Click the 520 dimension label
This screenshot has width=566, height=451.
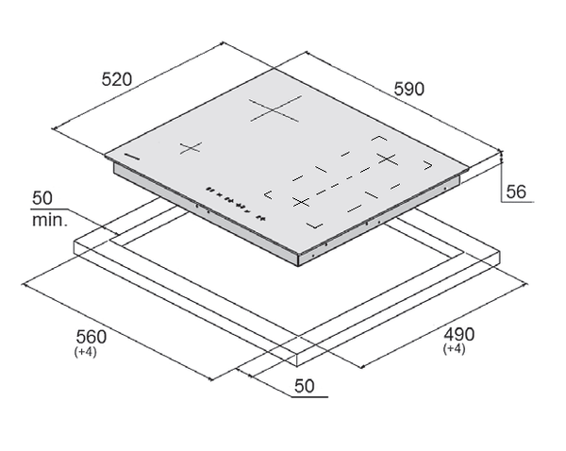point(117,79)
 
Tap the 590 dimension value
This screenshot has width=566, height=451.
point(409,89)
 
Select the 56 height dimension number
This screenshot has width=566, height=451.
point(516,192)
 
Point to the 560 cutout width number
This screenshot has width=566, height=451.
point(91,337)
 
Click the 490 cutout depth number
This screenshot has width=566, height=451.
point(458,334)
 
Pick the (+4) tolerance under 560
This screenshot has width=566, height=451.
point(85,352)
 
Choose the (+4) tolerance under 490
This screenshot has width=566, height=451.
point(454,349)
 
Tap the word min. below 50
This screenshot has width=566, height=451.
point(50,220)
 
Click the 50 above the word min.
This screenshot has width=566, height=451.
point(42,198)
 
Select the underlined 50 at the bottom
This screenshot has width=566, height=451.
point(305,386)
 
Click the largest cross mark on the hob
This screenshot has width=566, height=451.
point(275,109)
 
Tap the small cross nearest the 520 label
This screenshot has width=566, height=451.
point(191,148)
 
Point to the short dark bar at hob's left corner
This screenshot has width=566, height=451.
point(132,157)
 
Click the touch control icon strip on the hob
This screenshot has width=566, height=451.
point(236,203)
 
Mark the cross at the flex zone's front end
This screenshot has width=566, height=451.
point(302,202)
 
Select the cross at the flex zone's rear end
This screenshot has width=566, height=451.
point(388,159)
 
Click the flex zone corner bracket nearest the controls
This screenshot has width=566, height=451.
point(268,194)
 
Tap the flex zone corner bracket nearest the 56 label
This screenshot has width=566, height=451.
point(428,165)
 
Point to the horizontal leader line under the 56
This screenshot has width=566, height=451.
point(518,202)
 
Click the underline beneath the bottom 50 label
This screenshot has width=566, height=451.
point(309,397)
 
